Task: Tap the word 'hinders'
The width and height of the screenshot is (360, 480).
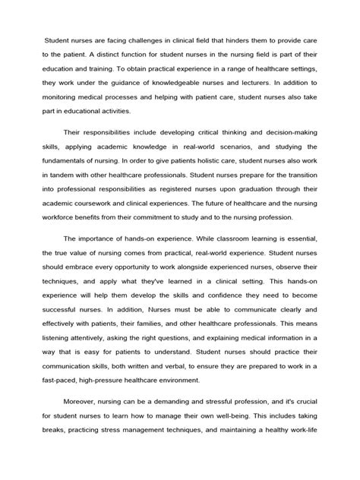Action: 244,40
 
